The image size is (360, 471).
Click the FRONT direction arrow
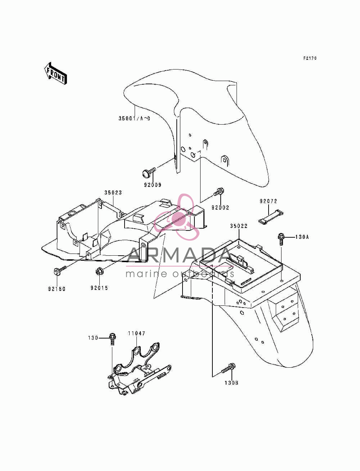click(x=55, y=73)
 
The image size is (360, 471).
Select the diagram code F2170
click(x=310, y=58)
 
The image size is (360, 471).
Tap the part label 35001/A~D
click(x=134, y=118)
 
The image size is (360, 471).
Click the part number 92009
click(x=153, y=185)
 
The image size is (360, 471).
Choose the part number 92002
click(x=220, y=207)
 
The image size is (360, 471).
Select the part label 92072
click(x=269, y=201)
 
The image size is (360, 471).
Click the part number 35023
click(x=113, y=193)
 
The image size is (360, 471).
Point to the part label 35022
click(x=239, y=226)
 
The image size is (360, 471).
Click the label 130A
click(x=302, y=237)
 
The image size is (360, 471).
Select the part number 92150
click(x=57, y=289)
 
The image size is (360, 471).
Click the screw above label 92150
click(x=60, y=270)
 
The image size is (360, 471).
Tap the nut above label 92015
click(x=99, y=272)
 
